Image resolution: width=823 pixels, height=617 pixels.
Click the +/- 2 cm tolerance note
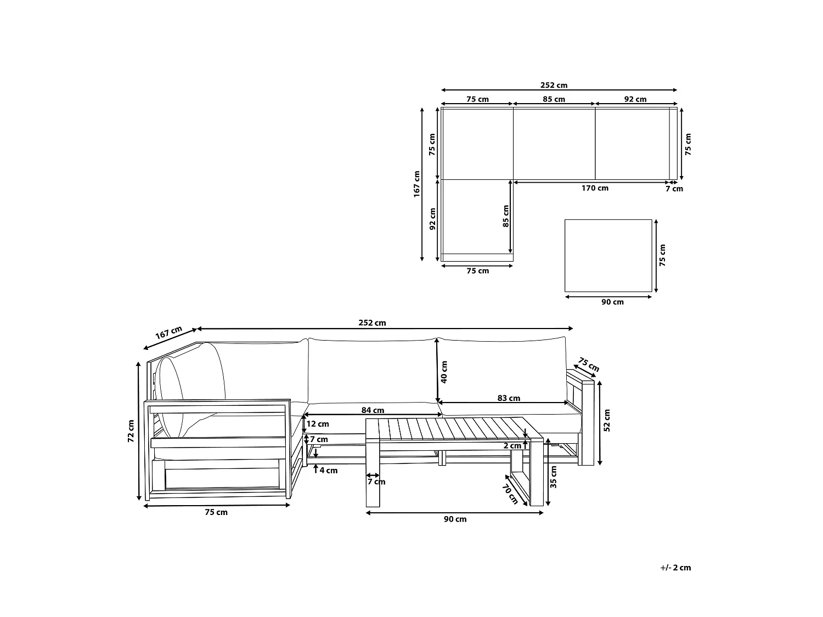(675, 568)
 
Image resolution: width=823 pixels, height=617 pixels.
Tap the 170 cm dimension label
(595, 188)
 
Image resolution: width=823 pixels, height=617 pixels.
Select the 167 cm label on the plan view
(416, 184)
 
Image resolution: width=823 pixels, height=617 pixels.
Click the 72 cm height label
(131, 431)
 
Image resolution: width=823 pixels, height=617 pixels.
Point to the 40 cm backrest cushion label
(444, 372)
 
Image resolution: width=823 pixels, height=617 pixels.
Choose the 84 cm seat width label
(373, 410)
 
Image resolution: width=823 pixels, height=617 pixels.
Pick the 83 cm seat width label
(509, 398)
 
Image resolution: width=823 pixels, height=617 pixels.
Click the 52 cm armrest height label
(607, 420)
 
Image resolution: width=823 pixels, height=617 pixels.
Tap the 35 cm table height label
(554, 477)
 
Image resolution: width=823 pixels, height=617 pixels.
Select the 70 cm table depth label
(510, 494)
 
